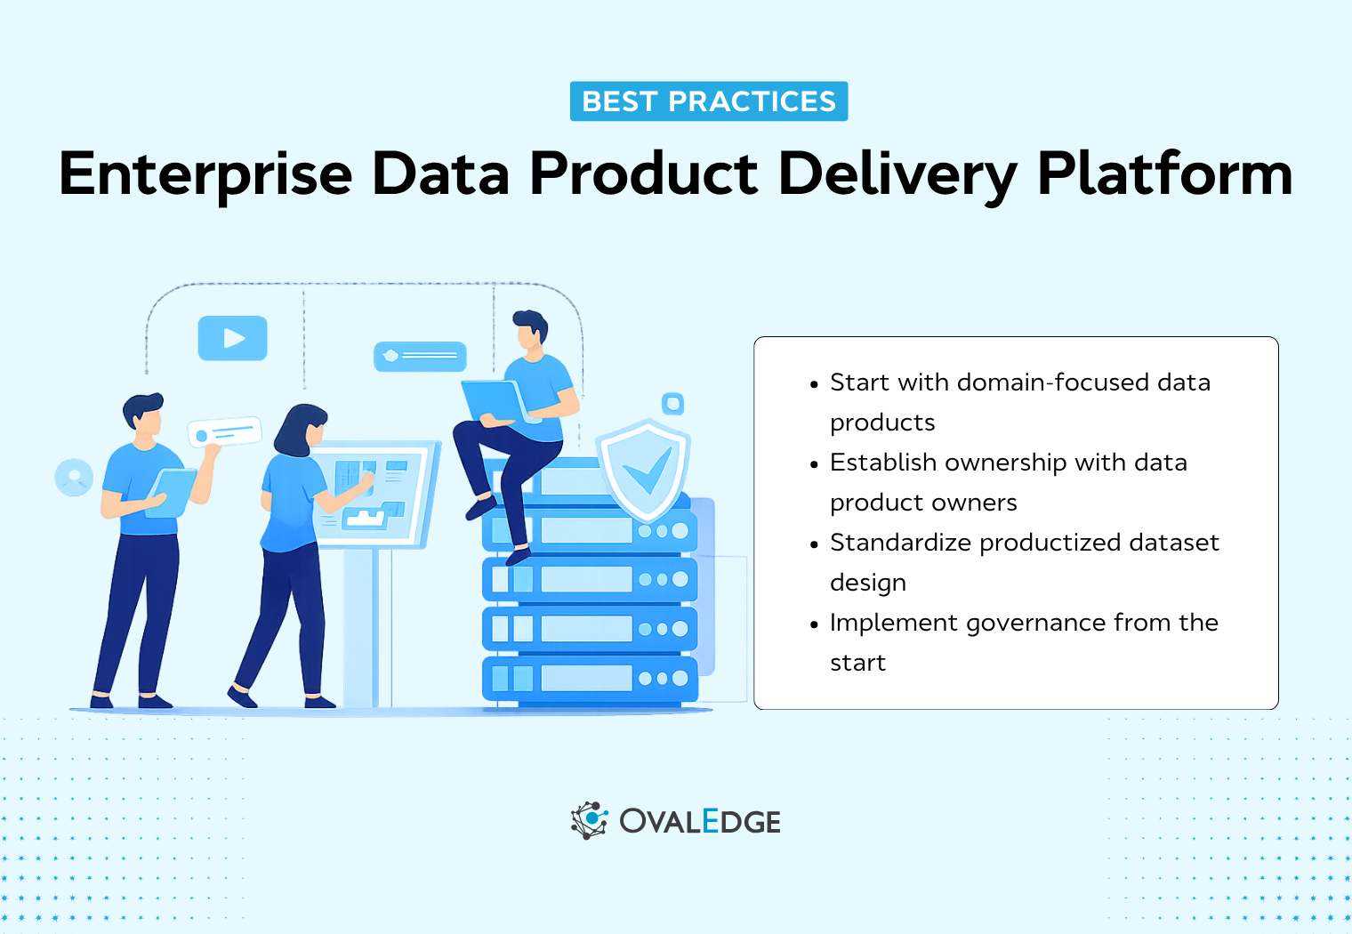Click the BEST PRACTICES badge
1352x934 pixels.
pyautogui.click(x=708, y=101)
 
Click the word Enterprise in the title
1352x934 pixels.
pyautogui.click(x=205, y=174)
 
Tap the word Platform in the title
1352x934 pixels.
pyautogui.click(x=1164, y=174)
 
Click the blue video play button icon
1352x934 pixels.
pyautogui.click(x=232, y=338)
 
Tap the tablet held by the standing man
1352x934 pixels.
pyautogui.click(x=171, y=492)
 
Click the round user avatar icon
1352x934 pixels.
pyautogui.click(x=74, y=478)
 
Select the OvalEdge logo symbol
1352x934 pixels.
pyautogui.click(x=589, y=820)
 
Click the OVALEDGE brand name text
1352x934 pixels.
pyautogui.click(x=700, y=822)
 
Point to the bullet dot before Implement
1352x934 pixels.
pyautogui.click(x=814, y=625)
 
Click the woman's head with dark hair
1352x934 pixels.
pyautogui.click(x=301, y=429)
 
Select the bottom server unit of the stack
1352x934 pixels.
pyautogui.click(x=589, y=678)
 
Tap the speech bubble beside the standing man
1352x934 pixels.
pyautogui.click(x=224, y=432)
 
